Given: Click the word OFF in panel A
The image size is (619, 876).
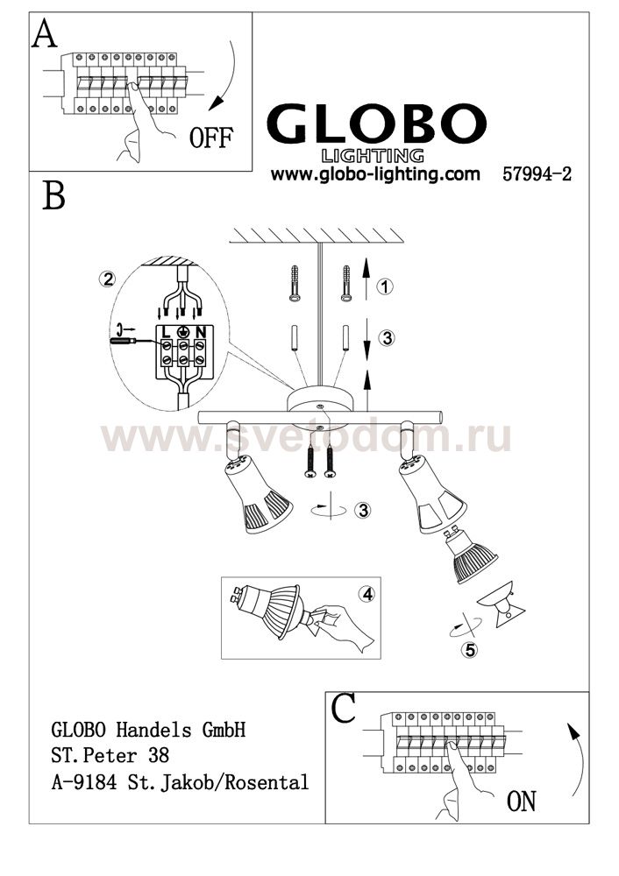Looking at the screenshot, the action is coord(210,138).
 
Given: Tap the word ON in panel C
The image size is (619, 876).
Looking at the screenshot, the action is coord(521,801).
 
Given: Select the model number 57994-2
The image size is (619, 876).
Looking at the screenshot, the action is coord(537,173).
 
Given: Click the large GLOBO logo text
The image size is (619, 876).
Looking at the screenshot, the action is coord(376,124).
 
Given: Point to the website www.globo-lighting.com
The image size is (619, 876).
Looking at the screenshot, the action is coord(375,173).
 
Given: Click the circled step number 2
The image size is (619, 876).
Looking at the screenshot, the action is coord(107,279).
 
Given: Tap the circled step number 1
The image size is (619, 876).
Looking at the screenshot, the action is coord(385,286).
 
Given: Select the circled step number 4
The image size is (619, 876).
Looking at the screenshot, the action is coord(367,594).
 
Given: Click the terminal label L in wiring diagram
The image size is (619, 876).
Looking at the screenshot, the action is coord(166,332).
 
